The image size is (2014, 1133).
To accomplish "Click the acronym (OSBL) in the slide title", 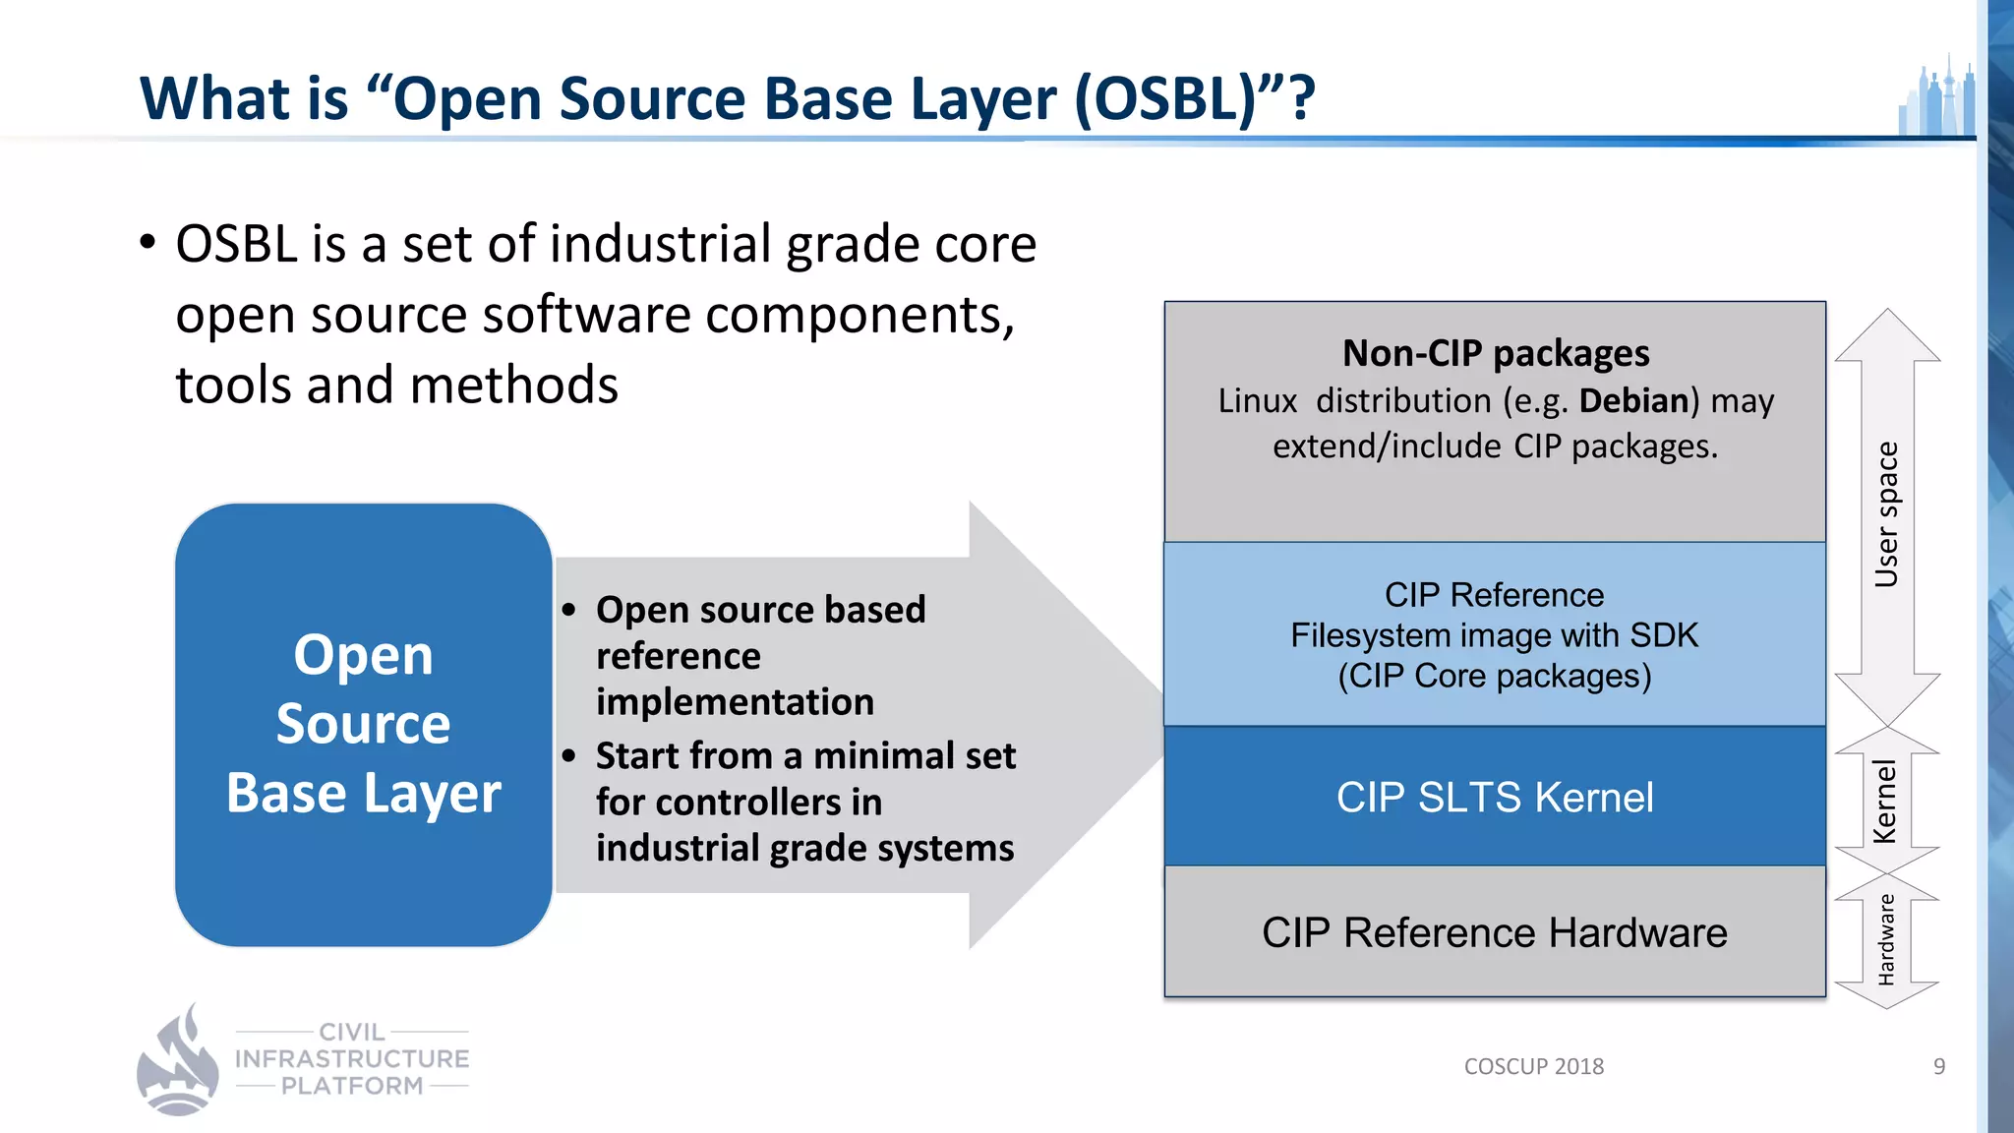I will click(1166, 99).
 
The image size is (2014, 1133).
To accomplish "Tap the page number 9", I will click(1938, 1066).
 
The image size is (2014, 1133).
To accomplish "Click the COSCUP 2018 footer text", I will click(1533, 1066).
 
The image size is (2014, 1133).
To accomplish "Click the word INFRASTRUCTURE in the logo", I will click(352, 1059).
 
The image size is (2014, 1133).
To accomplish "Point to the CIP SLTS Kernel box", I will click(1494, 797).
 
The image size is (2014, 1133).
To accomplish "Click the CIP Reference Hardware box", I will click(1494, 931).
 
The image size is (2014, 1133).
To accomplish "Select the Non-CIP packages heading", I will click(1495, 353).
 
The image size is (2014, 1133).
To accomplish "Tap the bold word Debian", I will click(1633, 401).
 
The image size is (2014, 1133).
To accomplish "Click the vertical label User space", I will click(1886, 514).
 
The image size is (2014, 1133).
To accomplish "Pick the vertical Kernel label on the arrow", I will click(1884, 801).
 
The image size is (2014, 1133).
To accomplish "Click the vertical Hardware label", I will click(1885, 939).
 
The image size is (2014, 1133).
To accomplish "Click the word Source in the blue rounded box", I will click(363, 724).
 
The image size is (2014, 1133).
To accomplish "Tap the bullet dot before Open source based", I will click(568, 610).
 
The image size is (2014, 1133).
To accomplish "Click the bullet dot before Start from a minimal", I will click(568, 756).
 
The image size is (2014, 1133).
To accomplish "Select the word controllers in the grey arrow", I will click(738, 803).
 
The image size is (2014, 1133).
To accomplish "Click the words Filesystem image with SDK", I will click(1494, 635).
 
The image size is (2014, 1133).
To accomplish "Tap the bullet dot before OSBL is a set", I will click(148, 242).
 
